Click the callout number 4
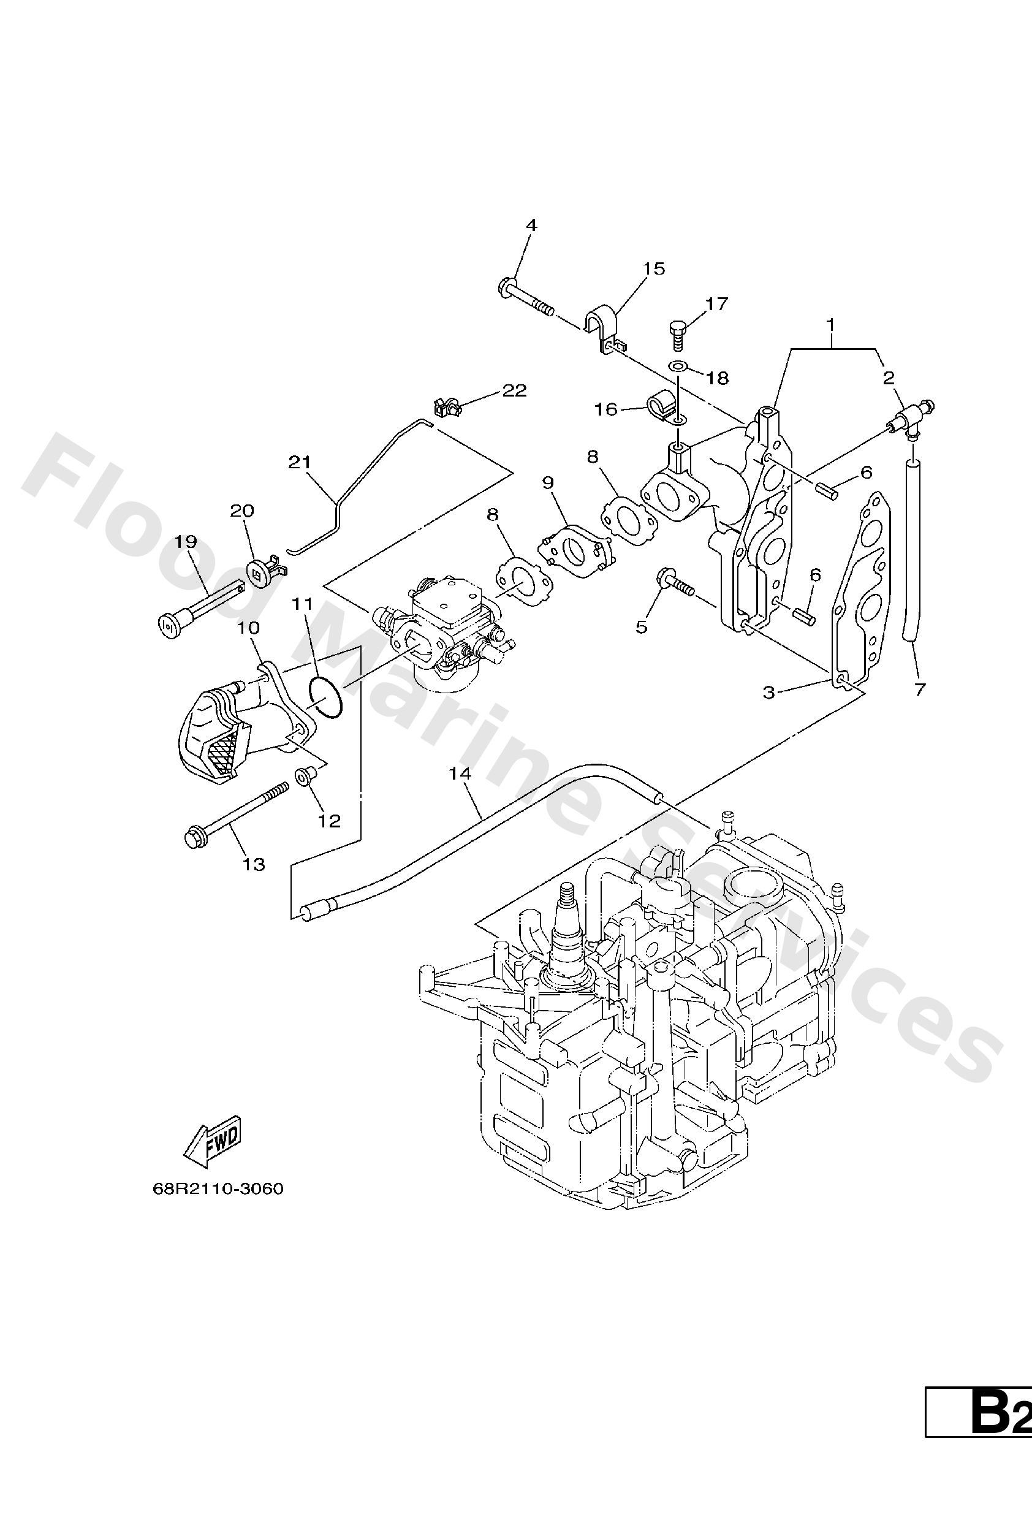[531, 226]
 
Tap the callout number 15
[653, 269]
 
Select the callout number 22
[515, 390]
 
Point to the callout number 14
[460, 773]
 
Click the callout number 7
[919, 690]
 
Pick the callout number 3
[769, 692]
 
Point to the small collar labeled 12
[306, 778]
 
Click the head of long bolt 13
[194, 838]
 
